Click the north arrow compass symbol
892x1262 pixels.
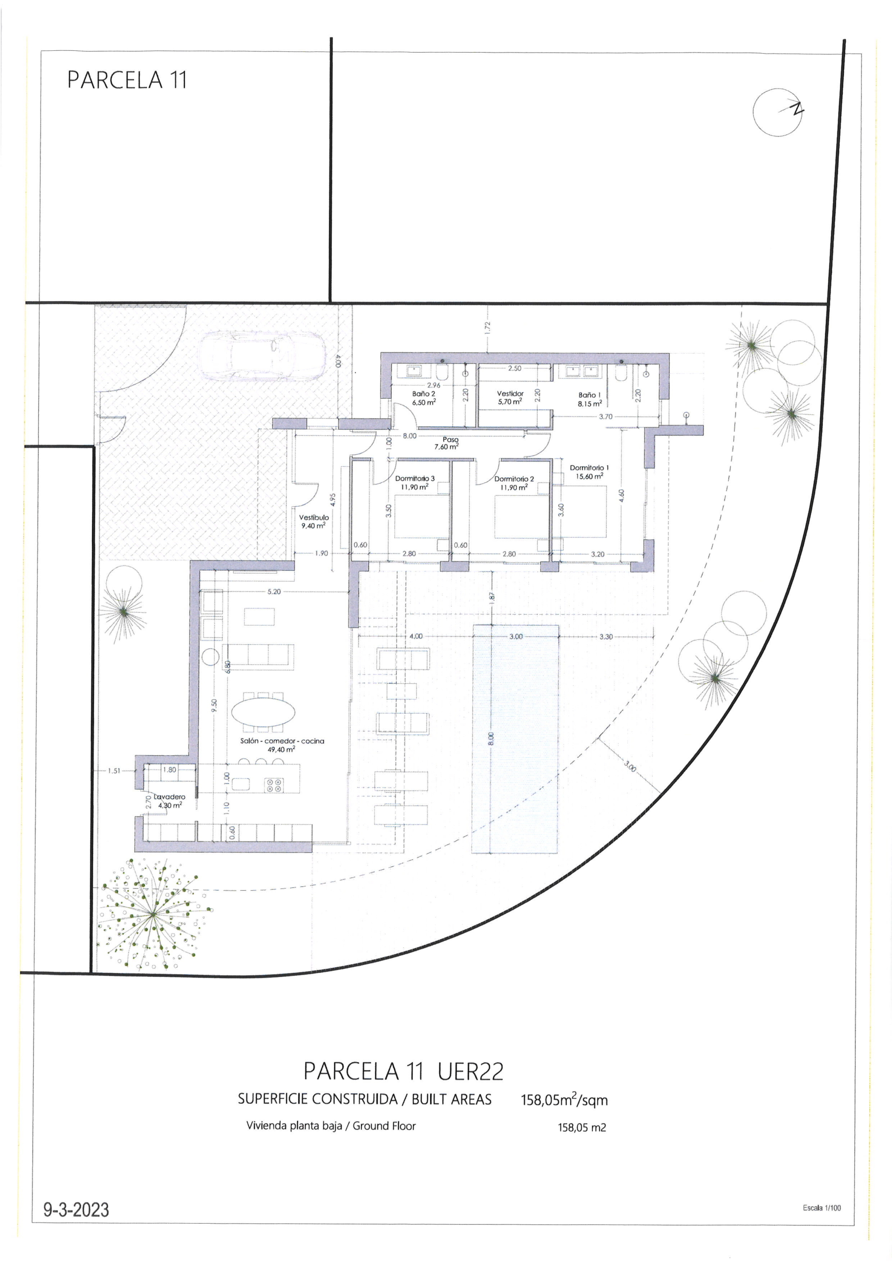pos(777,112)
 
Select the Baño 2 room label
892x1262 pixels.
pos(424,398)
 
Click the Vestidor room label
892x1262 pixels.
pos(510,397)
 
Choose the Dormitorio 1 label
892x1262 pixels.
pos(589,472)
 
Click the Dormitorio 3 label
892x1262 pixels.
pos(414,483)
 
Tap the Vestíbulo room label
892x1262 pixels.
pos(314,521)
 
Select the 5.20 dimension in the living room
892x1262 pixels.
pos(274,592)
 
